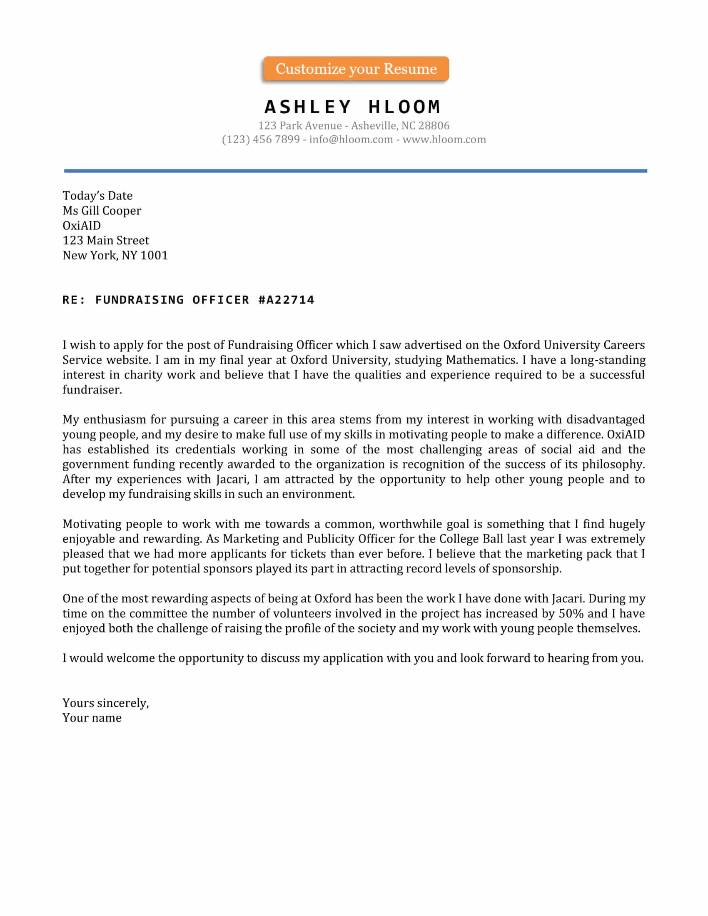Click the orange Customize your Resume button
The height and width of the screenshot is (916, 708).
pos(356,69)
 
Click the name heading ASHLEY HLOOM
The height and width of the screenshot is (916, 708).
pos(352,107)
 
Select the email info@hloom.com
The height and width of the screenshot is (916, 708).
pos(351,139)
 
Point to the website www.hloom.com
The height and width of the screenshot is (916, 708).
pos(444,139)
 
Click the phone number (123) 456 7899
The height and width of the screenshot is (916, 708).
pos(260,139)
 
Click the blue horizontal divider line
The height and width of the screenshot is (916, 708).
pos(355,171)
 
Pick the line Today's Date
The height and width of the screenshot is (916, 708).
pos(97,195)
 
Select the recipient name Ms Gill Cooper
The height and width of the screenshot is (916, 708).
pos(102,211)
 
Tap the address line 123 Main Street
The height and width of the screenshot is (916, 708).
pos(106,240)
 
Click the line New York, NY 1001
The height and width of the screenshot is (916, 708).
pos(115,255)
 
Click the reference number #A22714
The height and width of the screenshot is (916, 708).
pos(286,300)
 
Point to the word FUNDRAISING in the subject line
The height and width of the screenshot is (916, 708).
pos(140,300)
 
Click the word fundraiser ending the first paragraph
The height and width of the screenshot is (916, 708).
pos(92,390)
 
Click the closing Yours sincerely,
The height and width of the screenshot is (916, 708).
pos(106,703)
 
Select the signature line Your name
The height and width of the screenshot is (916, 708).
pos(92,718)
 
